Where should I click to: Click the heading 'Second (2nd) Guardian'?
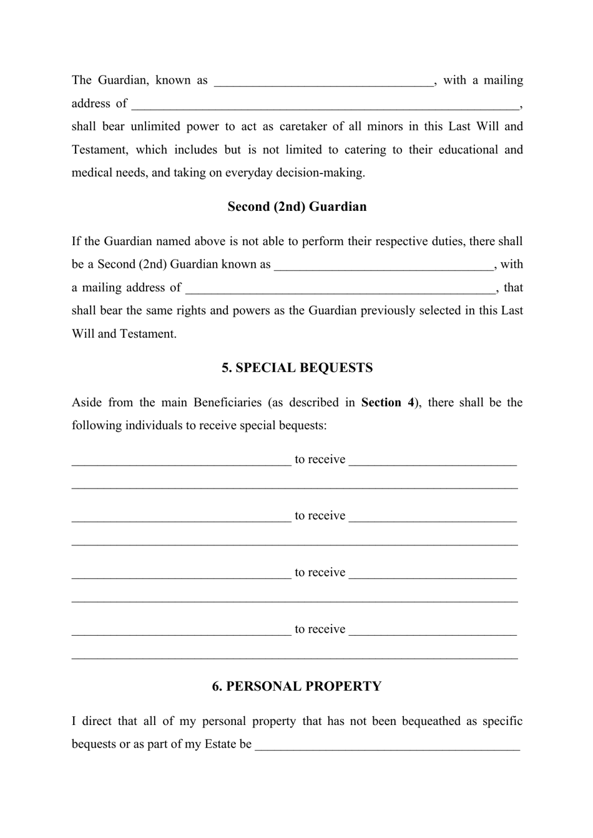[296, 207]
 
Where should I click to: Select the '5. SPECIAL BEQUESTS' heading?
[297, 368]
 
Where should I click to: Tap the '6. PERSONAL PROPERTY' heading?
[296, 686]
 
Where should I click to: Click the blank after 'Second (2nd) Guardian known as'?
[383, 265]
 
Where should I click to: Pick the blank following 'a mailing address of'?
[340, 288]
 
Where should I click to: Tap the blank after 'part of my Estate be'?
[387, 745]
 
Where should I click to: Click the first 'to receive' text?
[320, 460]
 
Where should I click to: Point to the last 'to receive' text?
[320, 630]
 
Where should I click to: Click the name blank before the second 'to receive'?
[181, 517]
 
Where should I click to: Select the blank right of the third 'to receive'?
[432, 573]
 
